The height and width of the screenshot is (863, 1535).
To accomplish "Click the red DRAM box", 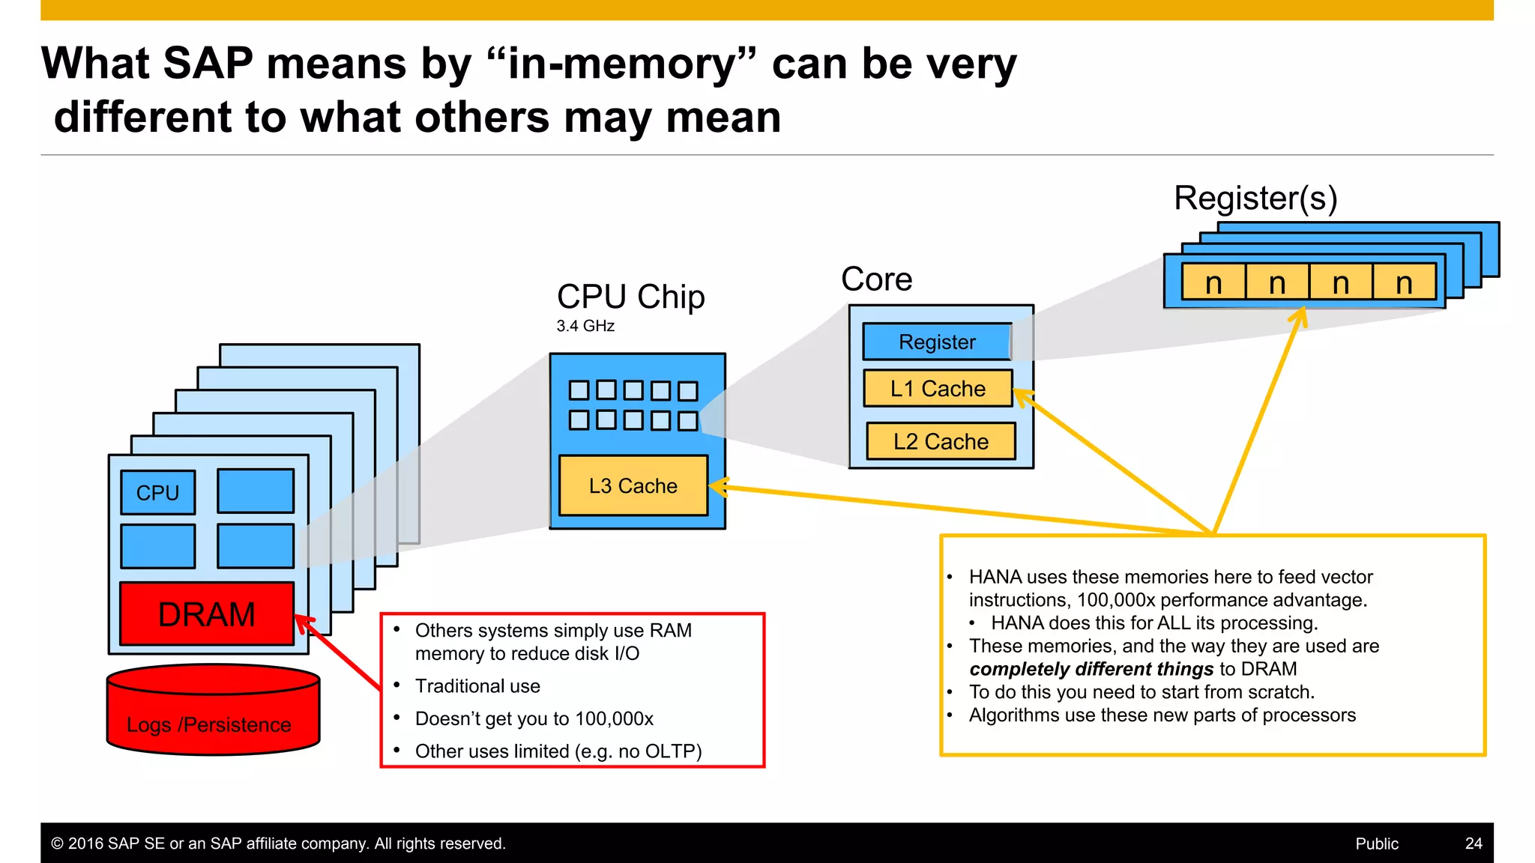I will [207, 614].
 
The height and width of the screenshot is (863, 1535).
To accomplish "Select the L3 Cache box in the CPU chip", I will [633, 486].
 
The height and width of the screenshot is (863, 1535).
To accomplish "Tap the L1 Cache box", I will [938, 388].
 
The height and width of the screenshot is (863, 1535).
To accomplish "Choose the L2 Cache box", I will [941, 441].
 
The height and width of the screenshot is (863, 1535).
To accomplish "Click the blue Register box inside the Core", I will [937, 342].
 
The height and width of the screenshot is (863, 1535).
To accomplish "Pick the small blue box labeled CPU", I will [157, 492].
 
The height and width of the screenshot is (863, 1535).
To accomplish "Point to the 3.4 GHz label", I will [585, 326].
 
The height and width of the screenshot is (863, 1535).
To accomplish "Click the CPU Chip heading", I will [630, 297].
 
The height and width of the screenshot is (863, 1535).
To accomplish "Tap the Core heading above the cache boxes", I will [876, 279].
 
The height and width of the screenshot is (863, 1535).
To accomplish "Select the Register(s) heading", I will [1255, 198].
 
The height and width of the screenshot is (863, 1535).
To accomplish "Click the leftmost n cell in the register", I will [1213, 283].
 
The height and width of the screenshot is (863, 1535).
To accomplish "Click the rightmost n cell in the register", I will [1404, 283].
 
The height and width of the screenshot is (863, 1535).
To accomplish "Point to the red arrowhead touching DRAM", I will [304, 623].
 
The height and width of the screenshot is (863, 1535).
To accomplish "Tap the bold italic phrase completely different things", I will [1091, 669].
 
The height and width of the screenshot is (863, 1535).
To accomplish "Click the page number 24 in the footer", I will [1473, 844].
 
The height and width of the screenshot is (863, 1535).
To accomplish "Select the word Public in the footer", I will [1376, 844].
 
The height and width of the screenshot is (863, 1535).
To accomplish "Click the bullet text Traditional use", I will [477, 686].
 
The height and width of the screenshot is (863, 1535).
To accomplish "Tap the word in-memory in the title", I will [621, 63].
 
